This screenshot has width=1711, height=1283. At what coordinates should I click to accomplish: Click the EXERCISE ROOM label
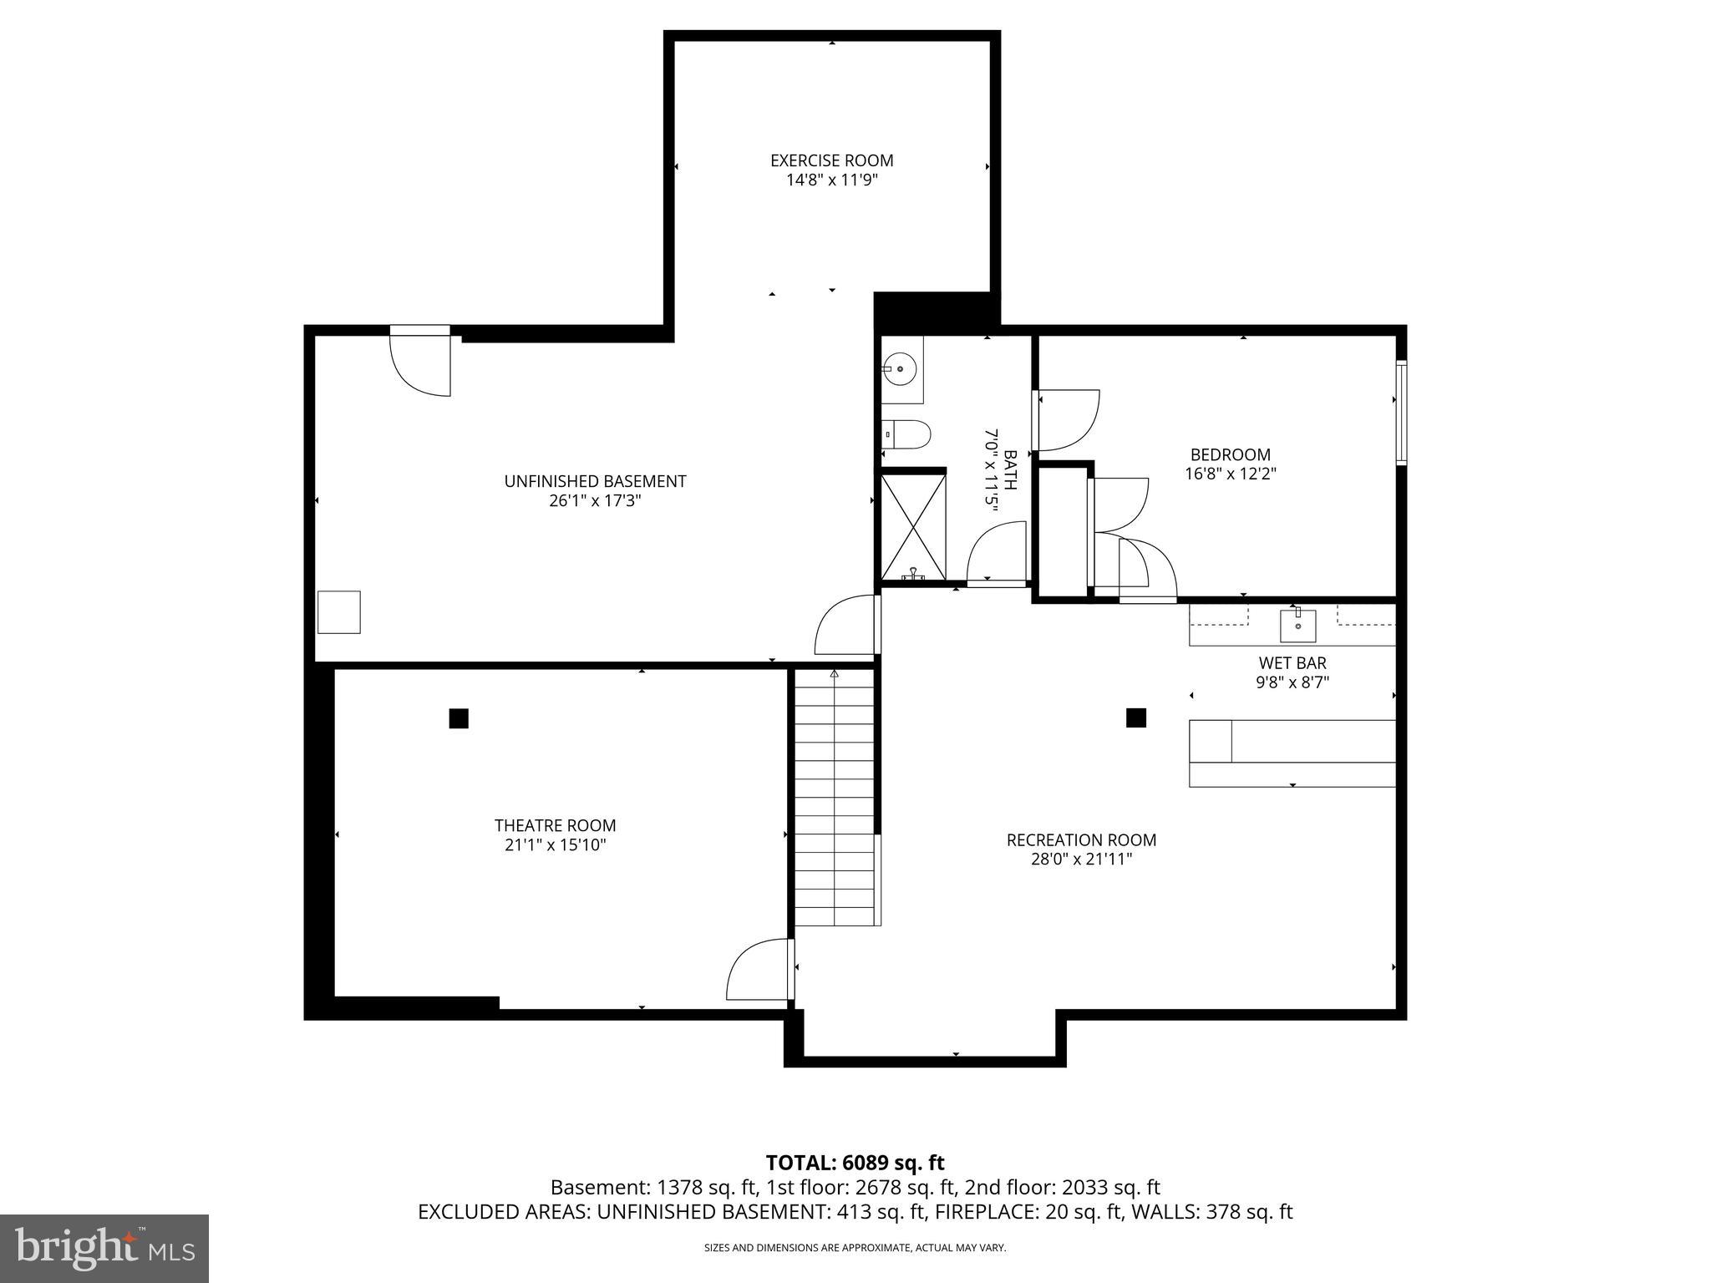tap(831, 160)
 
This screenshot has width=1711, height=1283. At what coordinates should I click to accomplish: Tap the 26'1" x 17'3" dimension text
tap(595, 501)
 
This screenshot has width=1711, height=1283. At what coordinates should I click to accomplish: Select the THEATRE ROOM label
tap(555, 825)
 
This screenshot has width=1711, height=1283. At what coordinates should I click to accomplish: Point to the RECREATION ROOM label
tap(1081, 839)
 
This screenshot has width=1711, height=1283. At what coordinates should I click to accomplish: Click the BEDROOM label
tap(1230, 454)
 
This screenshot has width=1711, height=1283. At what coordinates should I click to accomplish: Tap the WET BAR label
tap(1292, 662)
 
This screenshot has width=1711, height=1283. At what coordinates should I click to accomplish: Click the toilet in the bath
tap(907, 434)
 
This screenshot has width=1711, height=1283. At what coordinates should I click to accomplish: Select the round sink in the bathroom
tap(900, 368)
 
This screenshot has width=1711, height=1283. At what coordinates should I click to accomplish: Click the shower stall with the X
tap(913, 526)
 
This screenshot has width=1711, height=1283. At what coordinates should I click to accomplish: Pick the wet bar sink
tap(1297, 625)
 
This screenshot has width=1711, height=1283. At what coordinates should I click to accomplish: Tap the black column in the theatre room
tap(459, 718)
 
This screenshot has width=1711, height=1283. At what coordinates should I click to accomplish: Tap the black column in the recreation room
tap(1135, 718)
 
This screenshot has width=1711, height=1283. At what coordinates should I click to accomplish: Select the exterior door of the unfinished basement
tap(420, 361)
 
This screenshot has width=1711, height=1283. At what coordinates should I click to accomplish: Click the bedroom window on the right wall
tap(1401, 412)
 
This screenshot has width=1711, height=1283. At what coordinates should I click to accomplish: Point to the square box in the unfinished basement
tap(339, 612)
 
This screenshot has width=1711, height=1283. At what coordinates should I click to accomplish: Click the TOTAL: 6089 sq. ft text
tap(855, 1163)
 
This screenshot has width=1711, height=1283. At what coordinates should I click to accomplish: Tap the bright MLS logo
tap(104, 1248)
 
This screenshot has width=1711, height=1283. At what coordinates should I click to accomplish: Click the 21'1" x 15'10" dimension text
tap(555, 845)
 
